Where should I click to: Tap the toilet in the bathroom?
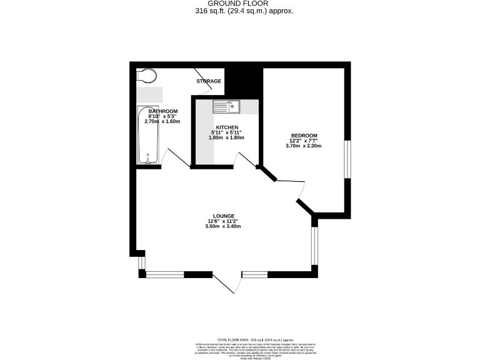[x=146, y=75]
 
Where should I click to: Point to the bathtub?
[x=149, y=135]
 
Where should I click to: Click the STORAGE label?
[x=209, y=81]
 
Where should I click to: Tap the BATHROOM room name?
[x=162, y=111]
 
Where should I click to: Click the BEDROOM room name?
[x=303, y=136]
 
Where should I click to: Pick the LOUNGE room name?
[x=222, y=216]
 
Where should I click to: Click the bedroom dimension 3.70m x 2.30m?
[x=303, y=146]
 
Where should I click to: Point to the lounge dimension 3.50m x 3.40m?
[x=222, y=226]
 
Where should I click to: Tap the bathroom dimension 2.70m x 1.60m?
[x=162, y=121]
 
